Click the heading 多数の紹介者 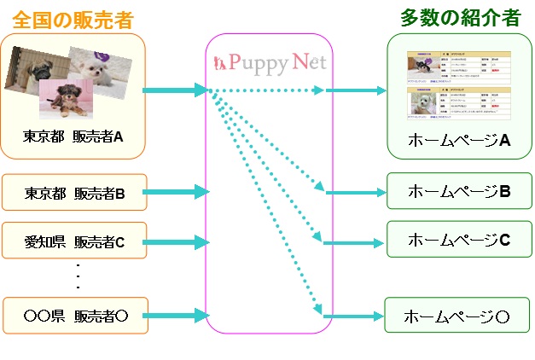coord(460,19)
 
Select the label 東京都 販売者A coord(73,135)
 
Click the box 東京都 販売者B coord(74,193)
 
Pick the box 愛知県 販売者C coord(74,242)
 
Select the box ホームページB coord(459,191)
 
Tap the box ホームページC coord(459,239)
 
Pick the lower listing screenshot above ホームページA coord(459,104)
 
